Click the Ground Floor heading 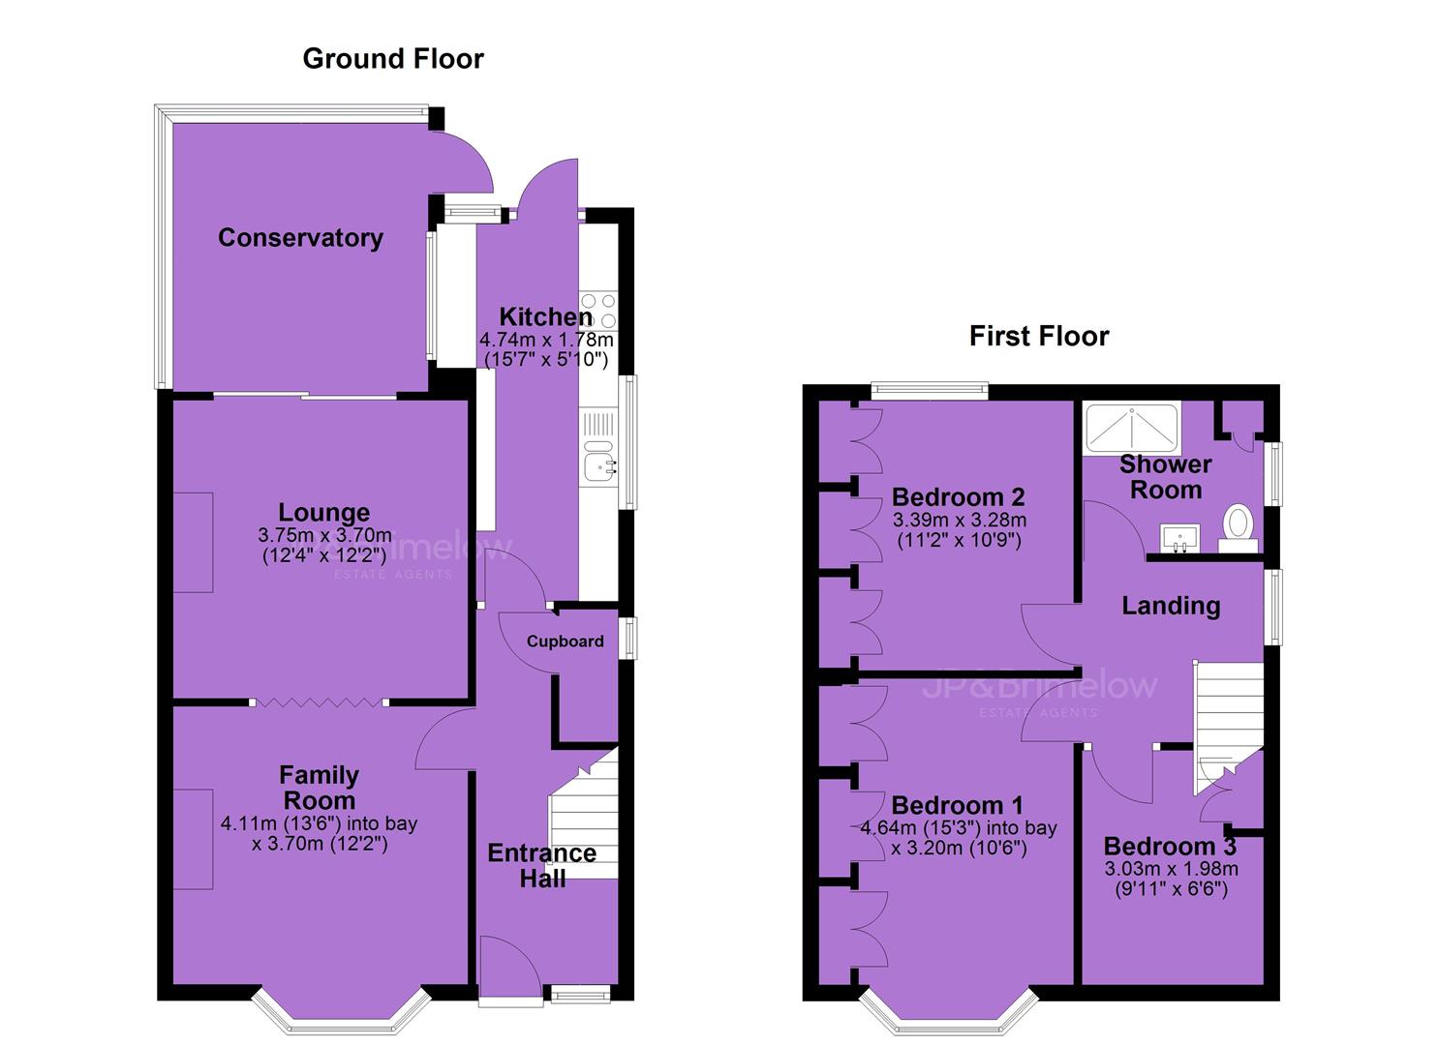pos(393,59)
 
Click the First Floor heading pos(1039,336)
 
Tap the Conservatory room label pos(300,238)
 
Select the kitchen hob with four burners pos(598,311)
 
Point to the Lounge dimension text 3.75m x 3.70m pos(324,534)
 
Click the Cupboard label pos(565,641)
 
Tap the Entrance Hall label pos(542,865)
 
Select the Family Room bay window pos(340,1014)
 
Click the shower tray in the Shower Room pos(1131,429)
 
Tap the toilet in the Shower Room pos(1238,528)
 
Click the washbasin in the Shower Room pos(1179,538)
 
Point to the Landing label pos(1171,606)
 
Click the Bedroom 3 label pos(1170,846)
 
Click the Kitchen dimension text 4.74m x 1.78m pos(546,339)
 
